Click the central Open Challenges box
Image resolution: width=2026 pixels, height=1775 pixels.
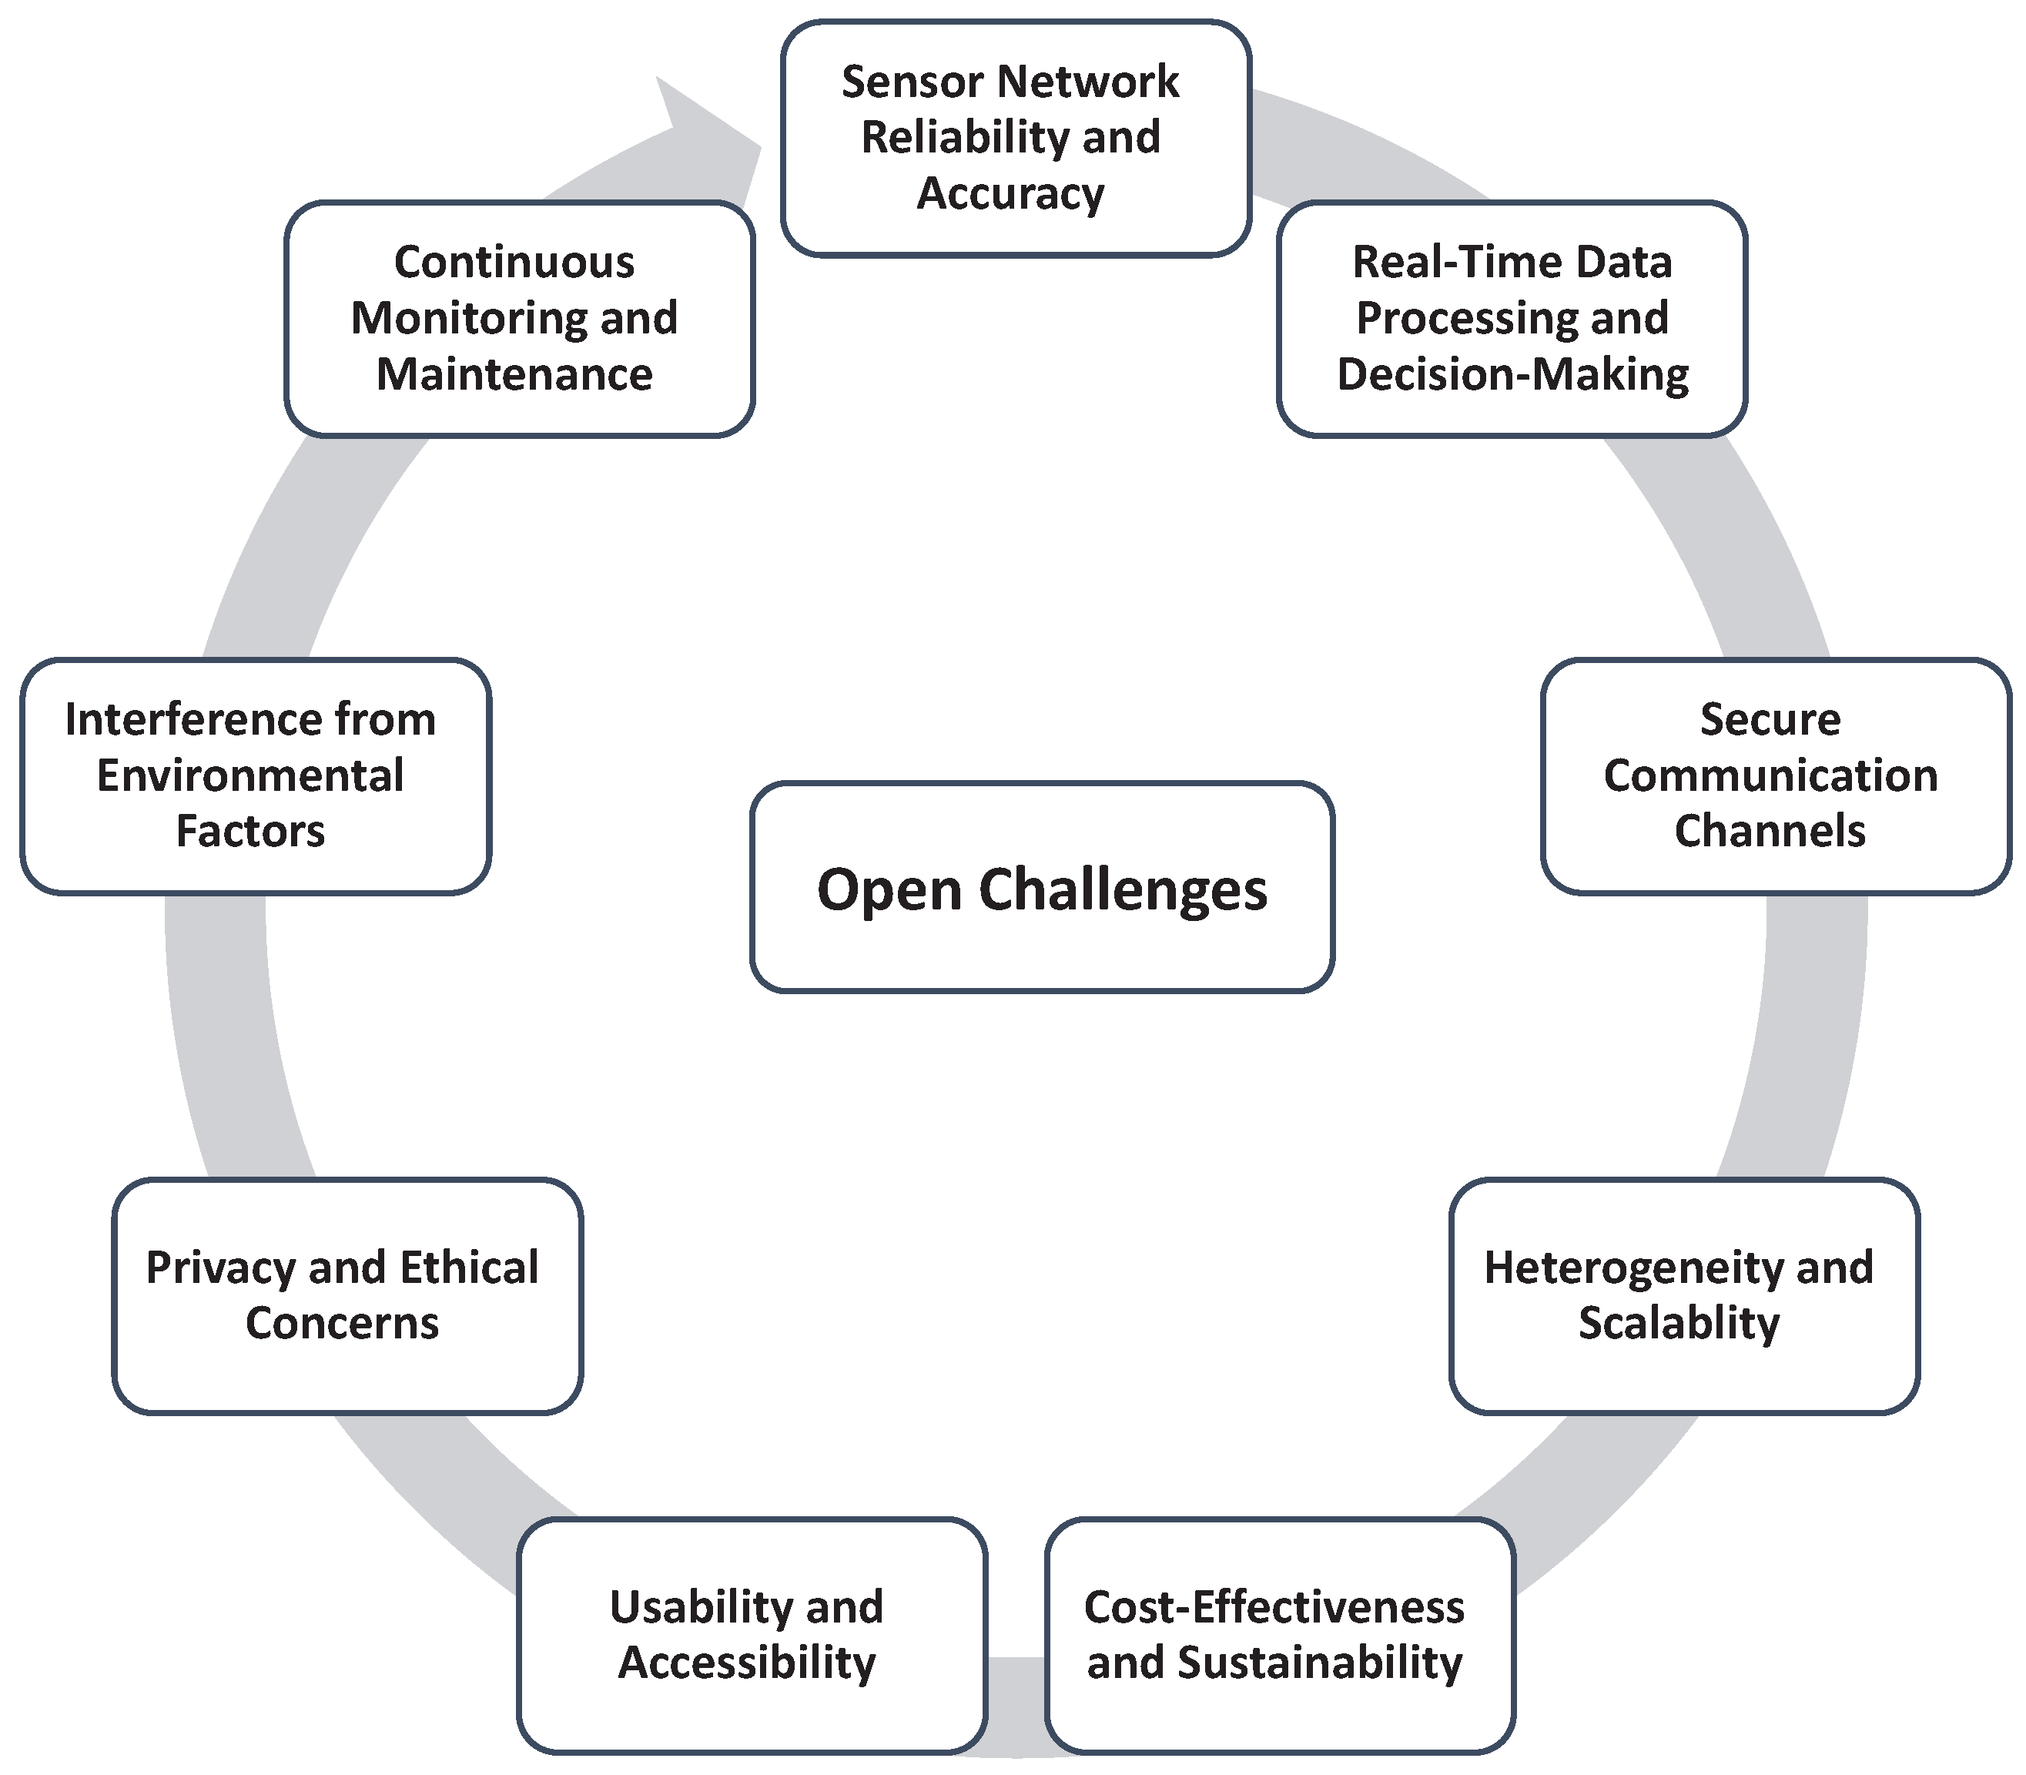(1042, 886)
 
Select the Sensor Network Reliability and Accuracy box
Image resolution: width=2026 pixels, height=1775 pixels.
(1015, 139)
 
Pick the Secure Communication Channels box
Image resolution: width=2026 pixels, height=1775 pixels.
(1776, 775)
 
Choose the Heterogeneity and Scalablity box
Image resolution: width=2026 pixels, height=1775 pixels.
(1683, 1295)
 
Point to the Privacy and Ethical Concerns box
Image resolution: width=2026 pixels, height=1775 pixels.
(347, 1295)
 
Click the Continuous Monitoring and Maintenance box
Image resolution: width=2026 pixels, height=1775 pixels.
(519, 319)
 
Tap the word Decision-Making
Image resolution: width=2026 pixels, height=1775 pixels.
(1512, 374)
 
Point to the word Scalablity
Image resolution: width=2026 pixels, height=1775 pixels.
(1679, 1323)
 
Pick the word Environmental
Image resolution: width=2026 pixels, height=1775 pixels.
(249, 775)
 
